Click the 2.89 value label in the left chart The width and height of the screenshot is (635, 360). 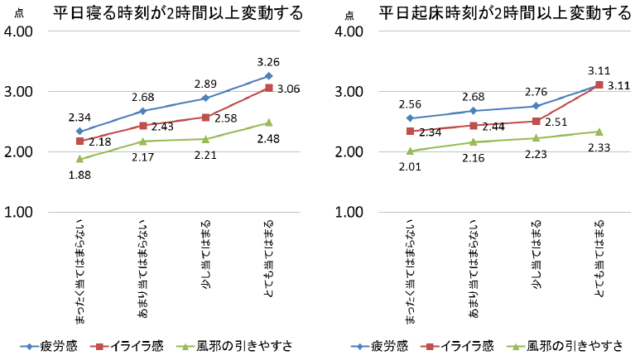205,84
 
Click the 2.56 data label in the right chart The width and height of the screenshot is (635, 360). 409,104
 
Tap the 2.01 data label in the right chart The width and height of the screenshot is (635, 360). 409,166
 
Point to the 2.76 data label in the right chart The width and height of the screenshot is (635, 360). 536,91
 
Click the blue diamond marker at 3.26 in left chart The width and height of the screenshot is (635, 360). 268,76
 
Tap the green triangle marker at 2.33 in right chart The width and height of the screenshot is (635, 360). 599,132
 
